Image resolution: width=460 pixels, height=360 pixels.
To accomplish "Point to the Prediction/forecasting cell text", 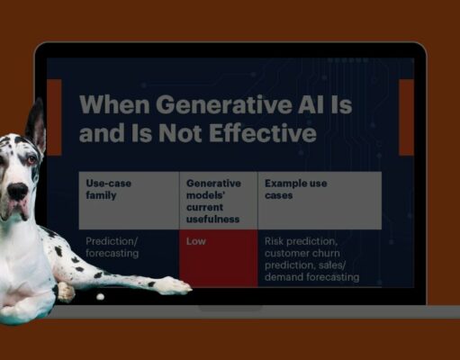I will [x=113, y=247].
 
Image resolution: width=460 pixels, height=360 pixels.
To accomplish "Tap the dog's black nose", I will [x=16, y=191].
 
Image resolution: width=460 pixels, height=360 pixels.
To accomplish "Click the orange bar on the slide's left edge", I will [x=53, y=116].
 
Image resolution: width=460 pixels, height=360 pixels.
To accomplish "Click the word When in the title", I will [x=113, y=104].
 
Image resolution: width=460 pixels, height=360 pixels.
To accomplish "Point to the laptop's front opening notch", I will [x=230, y=308].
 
